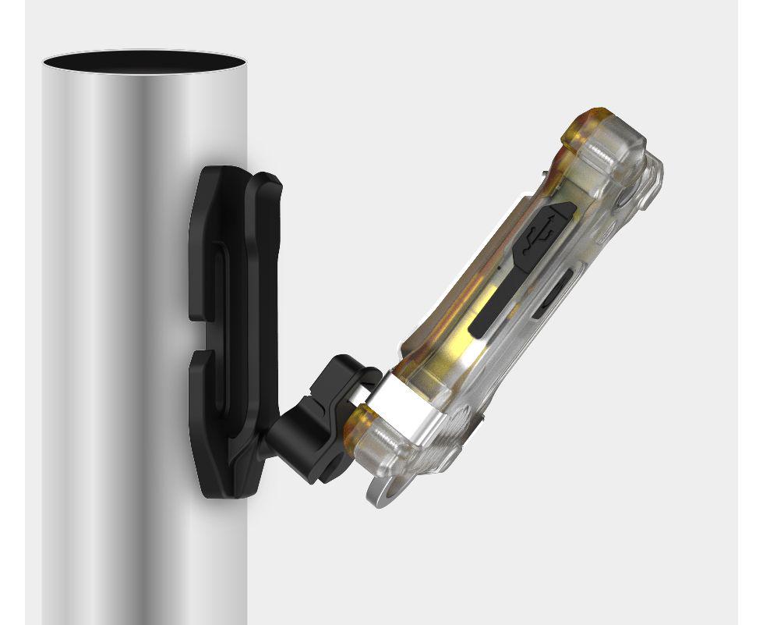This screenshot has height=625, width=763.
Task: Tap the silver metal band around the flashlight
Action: coord(401,401)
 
